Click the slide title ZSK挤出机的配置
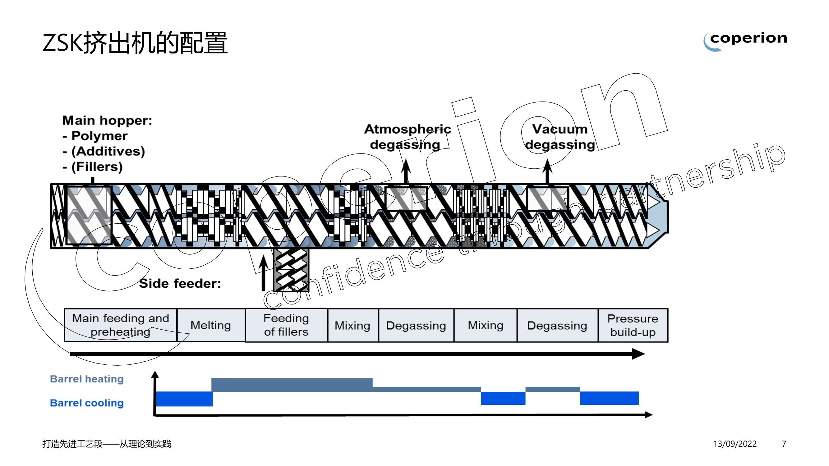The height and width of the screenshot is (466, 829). pyautogui.click(x=135, y=43)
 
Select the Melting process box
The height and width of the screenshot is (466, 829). pyautogui.click(x=211, y=325)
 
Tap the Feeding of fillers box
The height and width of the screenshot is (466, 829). pyautogui.click(x=286, y=325)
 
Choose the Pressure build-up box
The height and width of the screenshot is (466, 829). pyautogui.click(x=633, y=325)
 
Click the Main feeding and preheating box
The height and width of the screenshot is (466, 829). pyautogui.click(x=120, y=325)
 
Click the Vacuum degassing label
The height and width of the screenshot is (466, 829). pyautogui.click(x=560, y=137)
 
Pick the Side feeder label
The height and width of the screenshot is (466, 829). pyautogui.click(x=180, y=284)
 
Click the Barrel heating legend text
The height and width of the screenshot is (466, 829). pyautogui.click(x=87, y=379)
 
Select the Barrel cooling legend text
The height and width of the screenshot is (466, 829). pyautogui.click(x=87, y=403)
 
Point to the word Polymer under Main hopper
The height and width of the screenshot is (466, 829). pyautogui.click(x=99, y=136)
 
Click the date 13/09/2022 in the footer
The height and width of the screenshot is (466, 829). pyautogui.click(x=735, y=444)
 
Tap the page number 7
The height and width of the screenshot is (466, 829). pyautogui.click(x=784, y=444)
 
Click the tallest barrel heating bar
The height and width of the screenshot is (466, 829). pyautogui.click(x=292, y=385)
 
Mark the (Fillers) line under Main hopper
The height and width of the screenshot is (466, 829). pyautogui.click(x=97, y=167)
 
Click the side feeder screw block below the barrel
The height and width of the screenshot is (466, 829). pyautogui.click(x=291, y=269)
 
